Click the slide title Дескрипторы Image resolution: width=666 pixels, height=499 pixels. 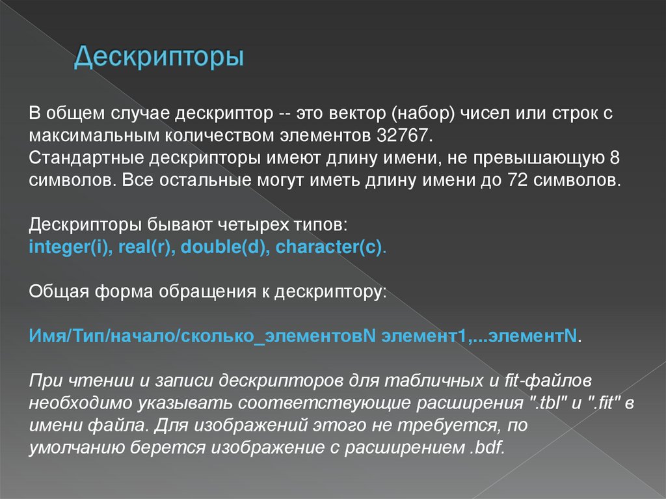(x=159, y=57)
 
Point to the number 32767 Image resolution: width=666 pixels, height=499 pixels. (x=403, y=136)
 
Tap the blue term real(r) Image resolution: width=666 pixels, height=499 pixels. (x=145, y=248)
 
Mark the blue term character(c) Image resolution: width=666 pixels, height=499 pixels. (x=328, y=248)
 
